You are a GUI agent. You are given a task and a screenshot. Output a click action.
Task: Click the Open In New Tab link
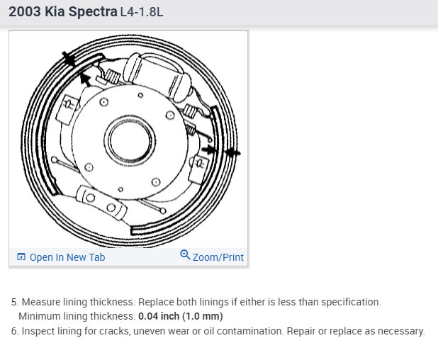(67, 257)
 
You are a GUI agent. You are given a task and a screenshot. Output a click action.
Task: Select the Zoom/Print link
(218, 257)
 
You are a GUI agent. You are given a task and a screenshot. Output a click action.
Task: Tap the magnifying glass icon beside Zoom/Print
(185, 254)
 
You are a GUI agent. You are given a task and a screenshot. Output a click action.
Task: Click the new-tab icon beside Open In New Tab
(21, 257)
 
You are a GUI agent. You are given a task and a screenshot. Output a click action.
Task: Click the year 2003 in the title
(25, 12)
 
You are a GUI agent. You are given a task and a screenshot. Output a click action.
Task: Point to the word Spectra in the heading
(93, 12)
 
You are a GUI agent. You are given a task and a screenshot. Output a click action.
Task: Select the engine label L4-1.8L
(142, 13)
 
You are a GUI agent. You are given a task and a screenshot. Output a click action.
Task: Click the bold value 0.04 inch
(159, 316)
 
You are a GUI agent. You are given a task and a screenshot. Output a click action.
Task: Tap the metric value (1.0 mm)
(203, 316)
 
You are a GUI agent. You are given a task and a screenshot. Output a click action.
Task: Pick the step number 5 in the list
(15, 302)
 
